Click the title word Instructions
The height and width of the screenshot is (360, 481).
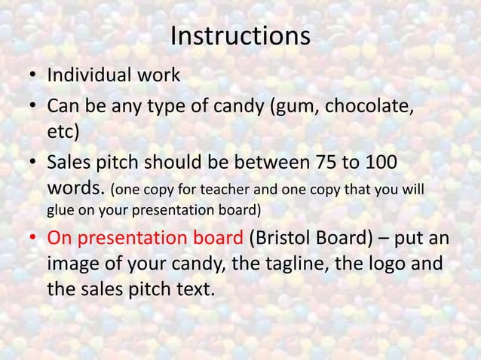click(240, 35)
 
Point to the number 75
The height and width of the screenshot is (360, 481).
click(321, 162)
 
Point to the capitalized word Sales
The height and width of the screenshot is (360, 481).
click(68, 162)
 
